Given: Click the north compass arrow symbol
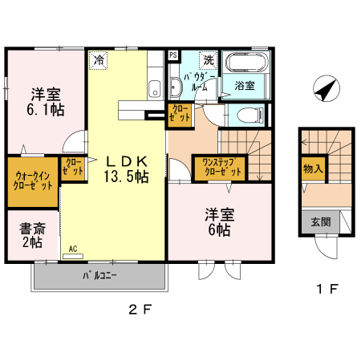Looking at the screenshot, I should [x=323, y=89].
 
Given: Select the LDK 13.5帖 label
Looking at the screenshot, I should [x=124, y=168].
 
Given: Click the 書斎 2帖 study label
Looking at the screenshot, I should [x=33, y=236].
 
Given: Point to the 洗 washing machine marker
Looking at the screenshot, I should [x=208, y=59].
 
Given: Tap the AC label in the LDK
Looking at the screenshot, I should [x=73, y=249].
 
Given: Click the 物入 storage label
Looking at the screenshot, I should [x=313, y=169].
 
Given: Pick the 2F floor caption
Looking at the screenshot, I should [x=140, y=309].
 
